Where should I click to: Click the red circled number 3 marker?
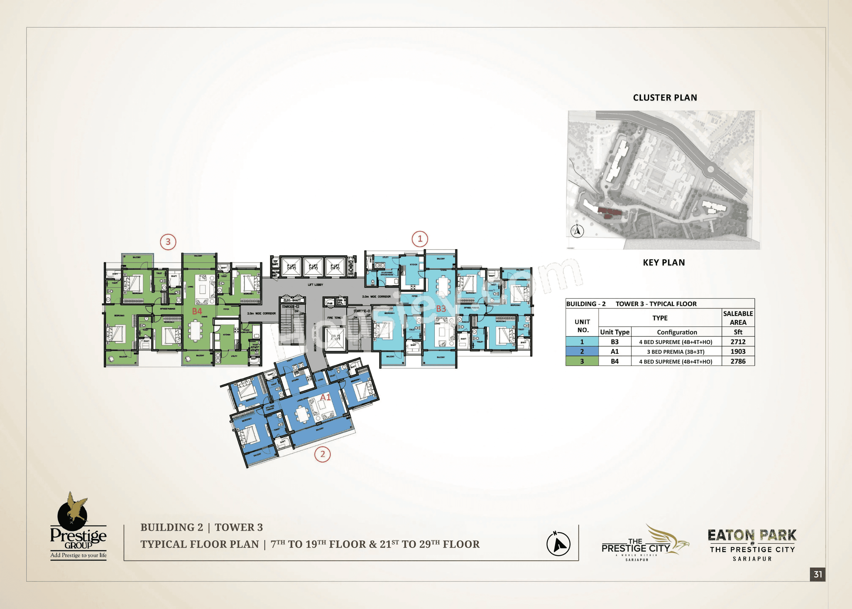[x=168, y=242]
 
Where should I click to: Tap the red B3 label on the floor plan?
[x=441, y=309]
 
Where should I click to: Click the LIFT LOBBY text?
[x=316, y=285]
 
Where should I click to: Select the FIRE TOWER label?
[x=335, y=318]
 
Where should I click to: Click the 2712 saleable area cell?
[x=738, y=342]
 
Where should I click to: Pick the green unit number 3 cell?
[x=582, y=361]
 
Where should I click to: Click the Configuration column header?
[x=677, y=332]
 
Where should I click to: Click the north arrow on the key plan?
[x=577, y=231]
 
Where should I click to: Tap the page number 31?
[x=818, y=574]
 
